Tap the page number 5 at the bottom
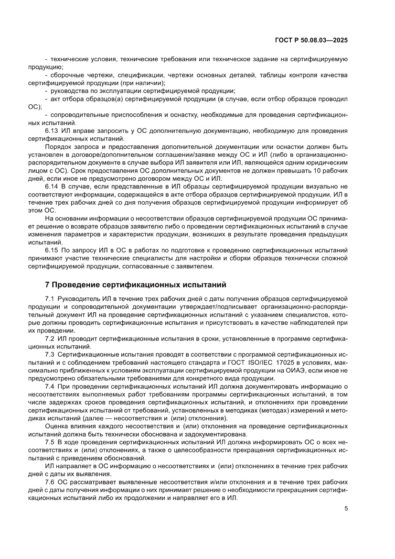[x=346, y=508]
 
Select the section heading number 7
[x=47, y=285]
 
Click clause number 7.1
[x=50, y=298]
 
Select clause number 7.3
[x=50, y=354]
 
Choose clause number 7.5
[x=50, y=442]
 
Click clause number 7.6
[x=50, y=482]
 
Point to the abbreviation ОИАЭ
[x=295, y=371]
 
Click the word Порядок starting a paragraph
[x=57, y=146]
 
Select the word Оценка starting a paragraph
[x=56, y=426]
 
